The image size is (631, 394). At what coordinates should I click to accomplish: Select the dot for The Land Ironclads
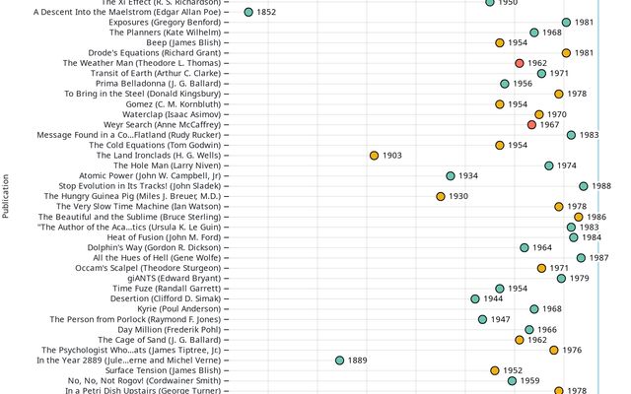point(374,156)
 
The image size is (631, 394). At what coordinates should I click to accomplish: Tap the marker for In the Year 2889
point(339,361)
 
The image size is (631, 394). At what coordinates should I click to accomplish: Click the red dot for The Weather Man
point(519,63)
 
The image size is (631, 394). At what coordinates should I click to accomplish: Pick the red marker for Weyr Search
point(531,125)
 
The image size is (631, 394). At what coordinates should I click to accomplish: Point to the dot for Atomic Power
point(450,176)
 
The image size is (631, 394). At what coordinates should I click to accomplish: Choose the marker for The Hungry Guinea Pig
point(440,196)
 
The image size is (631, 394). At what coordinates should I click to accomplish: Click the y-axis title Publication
point(6,197)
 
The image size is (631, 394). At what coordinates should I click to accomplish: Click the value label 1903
point(392,156)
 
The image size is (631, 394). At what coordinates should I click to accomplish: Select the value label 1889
point(358,361)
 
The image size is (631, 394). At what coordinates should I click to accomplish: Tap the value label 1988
point(601,186)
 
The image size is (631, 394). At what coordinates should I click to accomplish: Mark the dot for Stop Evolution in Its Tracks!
point(584,186)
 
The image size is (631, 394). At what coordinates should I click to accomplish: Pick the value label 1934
point(468,176)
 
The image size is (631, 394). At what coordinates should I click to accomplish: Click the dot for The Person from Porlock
point(482,319)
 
